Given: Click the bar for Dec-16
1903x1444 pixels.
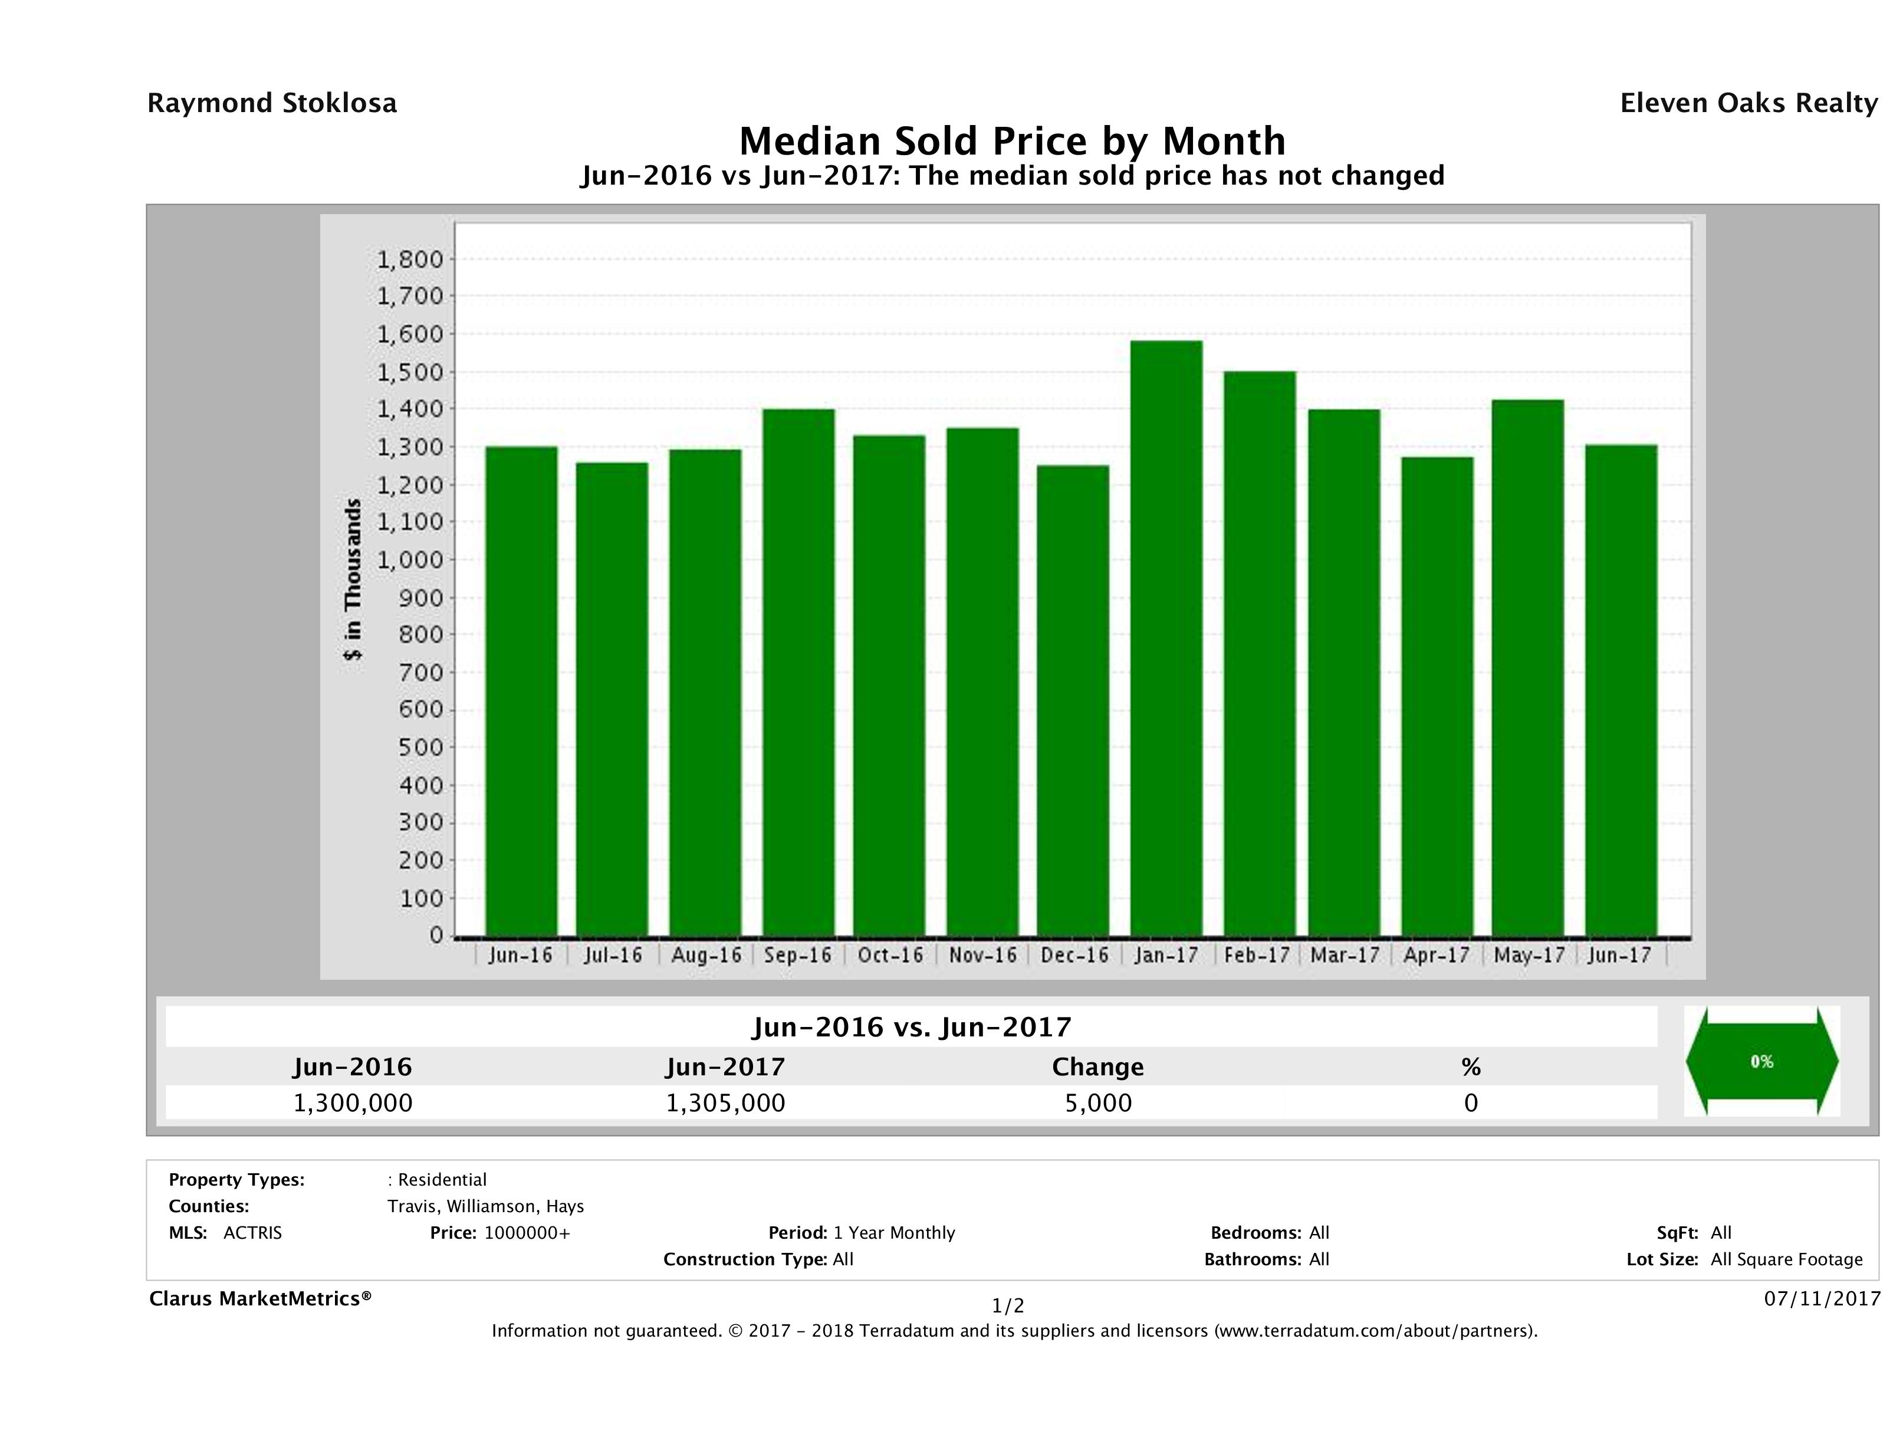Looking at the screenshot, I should point(1073,701).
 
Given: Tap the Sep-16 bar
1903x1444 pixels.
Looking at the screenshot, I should point(798,672).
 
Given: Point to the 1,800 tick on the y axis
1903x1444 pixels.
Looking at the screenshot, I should point(410,259).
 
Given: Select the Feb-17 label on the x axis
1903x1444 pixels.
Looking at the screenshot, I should point(1257,955).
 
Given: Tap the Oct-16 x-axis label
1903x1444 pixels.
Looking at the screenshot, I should point(889,955).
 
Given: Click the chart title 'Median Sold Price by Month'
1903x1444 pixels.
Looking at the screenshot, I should point(1012,141).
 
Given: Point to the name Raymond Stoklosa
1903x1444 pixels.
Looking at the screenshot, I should point(272,103).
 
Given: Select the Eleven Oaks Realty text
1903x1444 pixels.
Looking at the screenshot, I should point(1748,103).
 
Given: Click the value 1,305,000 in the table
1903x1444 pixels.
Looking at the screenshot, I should point(725,1103).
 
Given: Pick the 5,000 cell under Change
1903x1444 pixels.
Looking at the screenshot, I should point(1098,1103).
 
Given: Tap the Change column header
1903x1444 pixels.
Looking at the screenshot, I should point(1098,1067).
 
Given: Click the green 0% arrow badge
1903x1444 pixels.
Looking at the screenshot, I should point(1761,1062).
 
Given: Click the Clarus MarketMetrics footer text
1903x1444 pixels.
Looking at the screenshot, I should point(260,1298).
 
